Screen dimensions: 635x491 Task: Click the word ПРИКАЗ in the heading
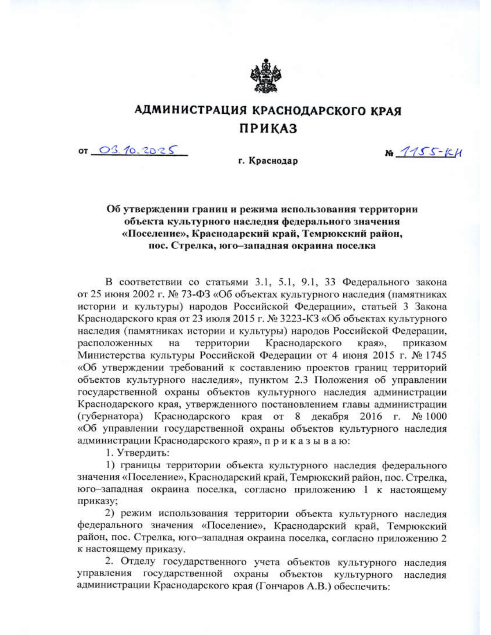(x=268, y=129)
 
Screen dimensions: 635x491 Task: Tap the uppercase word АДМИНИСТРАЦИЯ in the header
(x=191, y=111)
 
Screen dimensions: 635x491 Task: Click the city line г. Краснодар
(x=268, y=161)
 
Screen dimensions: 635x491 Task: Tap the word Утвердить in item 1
(x=143, y=453)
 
